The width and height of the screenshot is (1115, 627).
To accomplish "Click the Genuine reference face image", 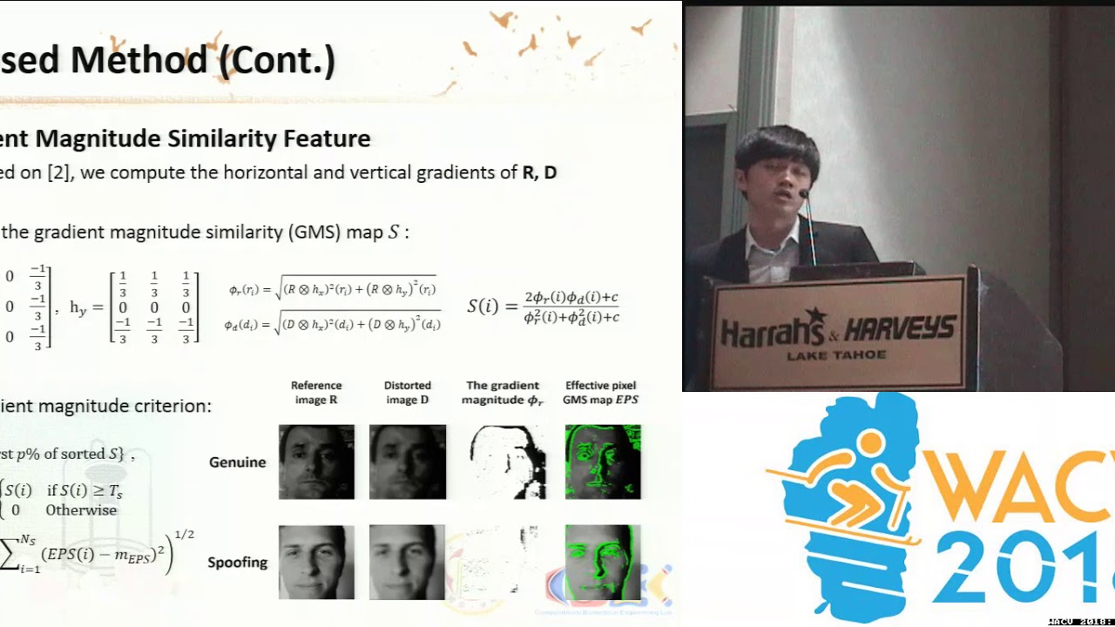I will [x=316, y=462].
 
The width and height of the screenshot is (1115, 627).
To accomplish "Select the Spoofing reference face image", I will [x=316, y=562].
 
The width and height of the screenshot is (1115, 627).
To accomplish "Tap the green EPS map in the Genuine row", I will [x=602, y=462].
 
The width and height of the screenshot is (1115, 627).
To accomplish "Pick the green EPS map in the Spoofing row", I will [x=602, y=562].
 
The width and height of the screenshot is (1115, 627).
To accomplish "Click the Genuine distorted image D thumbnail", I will [x=407, y=462].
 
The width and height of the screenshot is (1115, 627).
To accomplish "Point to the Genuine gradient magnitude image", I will [x=508, y=462].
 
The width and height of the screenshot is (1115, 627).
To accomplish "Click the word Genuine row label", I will [x=237, y=462].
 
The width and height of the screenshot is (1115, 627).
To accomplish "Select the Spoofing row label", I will [x=237, y=563].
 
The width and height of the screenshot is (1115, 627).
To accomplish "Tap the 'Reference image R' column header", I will [x=316, y=393].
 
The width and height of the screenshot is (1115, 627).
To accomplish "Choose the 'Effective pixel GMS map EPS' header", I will [x=600, y=393].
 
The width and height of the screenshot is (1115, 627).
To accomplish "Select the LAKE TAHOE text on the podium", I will [x=836, y=354].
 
